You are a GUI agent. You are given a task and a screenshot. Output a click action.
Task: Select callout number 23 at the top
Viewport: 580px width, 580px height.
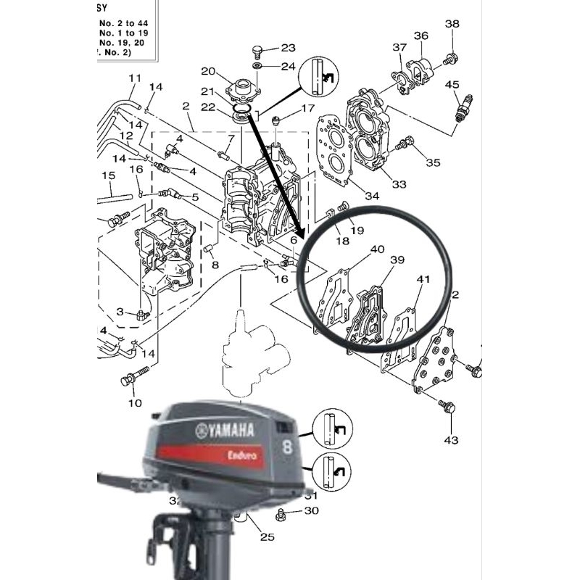pyautogui.click(x=289, y=49)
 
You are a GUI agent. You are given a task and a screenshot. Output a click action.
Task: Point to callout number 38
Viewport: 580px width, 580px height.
pyautogui.click(x=452, y=24)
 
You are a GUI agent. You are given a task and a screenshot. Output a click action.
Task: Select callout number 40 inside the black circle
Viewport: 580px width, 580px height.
pyautogui.click(x=378, y=250)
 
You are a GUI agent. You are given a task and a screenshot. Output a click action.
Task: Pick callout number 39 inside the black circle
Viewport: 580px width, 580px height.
pyautogui.click(x=397, y=260)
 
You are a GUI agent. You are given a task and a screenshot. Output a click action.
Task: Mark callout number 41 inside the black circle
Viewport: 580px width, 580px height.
pyautogui.click(x=423, y=278)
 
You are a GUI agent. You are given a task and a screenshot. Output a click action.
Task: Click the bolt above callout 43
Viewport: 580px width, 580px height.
pyautogui.click(x=447, y=410)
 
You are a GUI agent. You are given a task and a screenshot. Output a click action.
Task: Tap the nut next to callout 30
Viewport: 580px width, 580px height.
pyautogui.click(x=282, y=514)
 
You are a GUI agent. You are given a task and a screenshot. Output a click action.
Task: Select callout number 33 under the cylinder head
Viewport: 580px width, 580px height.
pyautogui.click(x=399, y=185)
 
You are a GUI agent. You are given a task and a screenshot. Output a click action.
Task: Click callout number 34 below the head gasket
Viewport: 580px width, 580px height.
pyautogui.click(x=371, y=196)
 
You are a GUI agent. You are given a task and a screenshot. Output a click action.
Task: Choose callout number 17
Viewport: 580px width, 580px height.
pyautogui.click(x=308, y=109)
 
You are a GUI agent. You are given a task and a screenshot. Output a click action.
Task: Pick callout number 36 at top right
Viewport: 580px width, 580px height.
pyautogui.click(x=421, y=36)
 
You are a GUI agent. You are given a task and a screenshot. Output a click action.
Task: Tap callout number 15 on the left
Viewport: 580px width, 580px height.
pyautogui.click(x=108, y=175)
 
